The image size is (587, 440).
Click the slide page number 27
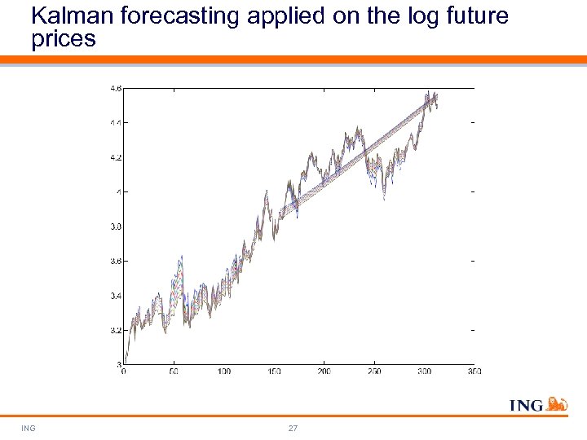point(293,428)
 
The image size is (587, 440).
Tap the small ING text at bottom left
point(29,428)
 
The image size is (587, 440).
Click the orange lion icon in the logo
point(556,404)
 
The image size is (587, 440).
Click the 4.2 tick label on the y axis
point(116,157)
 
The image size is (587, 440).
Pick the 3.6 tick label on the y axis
point(116,262)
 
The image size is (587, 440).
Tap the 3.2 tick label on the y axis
point(116,331)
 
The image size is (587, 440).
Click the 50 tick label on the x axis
point(174,372)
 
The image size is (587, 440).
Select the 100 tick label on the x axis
point(223,372)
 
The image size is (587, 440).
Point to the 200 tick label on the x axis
point(324,372)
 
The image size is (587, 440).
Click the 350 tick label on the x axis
point(474,372)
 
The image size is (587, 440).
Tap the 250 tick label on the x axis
point(373,372)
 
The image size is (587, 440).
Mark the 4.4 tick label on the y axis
point(116,123)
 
